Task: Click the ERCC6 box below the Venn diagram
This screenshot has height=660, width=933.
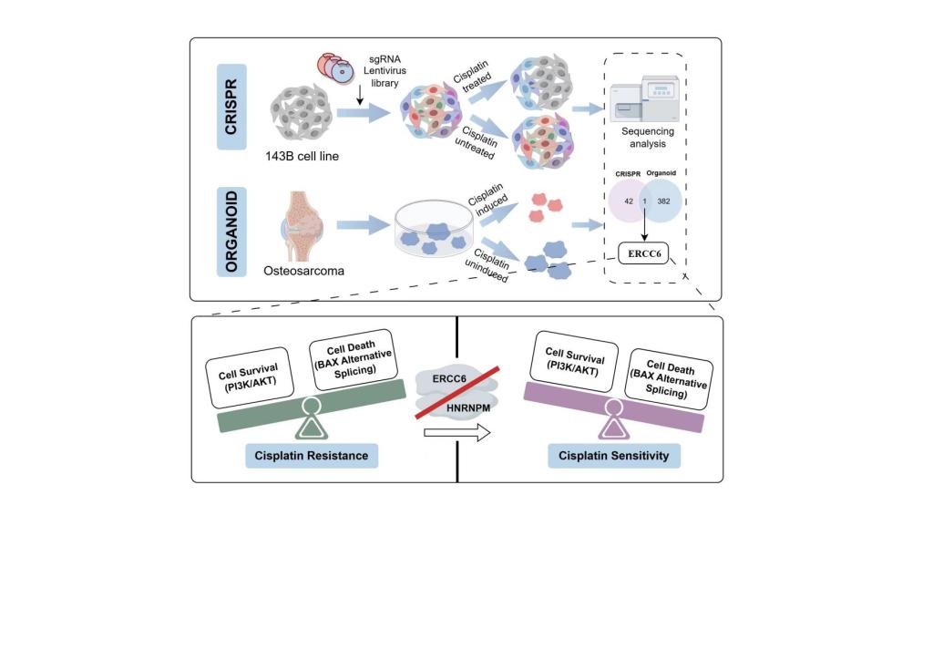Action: [x=644, y=253]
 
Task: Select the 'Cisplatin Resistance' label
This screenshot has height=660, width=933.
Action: [x=312, y=455]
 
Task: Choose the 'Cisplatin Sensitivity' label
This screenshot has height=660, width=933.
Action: [x=613, y=455]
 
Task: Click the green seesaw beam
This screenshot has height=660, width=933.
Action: [x=310, y=407]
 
